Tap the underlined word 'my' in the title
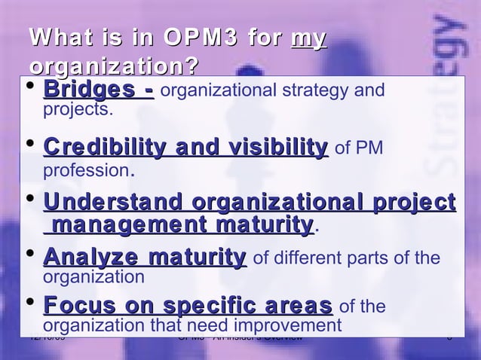309,35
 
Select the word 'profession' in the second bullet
85,169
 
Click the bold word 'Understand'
114,203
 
